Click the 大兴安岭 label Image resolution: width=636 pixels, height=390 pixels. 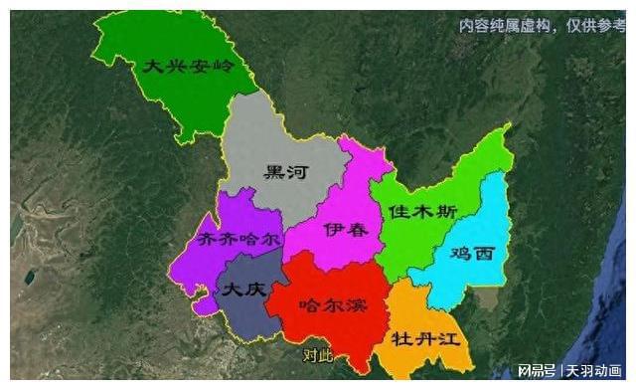186,67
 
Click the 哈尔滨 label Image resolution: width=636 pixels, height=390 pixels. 333,304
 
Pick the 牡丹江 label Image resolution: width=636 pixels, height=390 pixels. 427,336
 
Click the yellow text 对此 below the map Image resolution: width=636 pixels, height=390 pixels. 318,354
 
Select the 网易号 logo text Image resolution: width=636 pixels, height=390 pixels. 537,371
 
